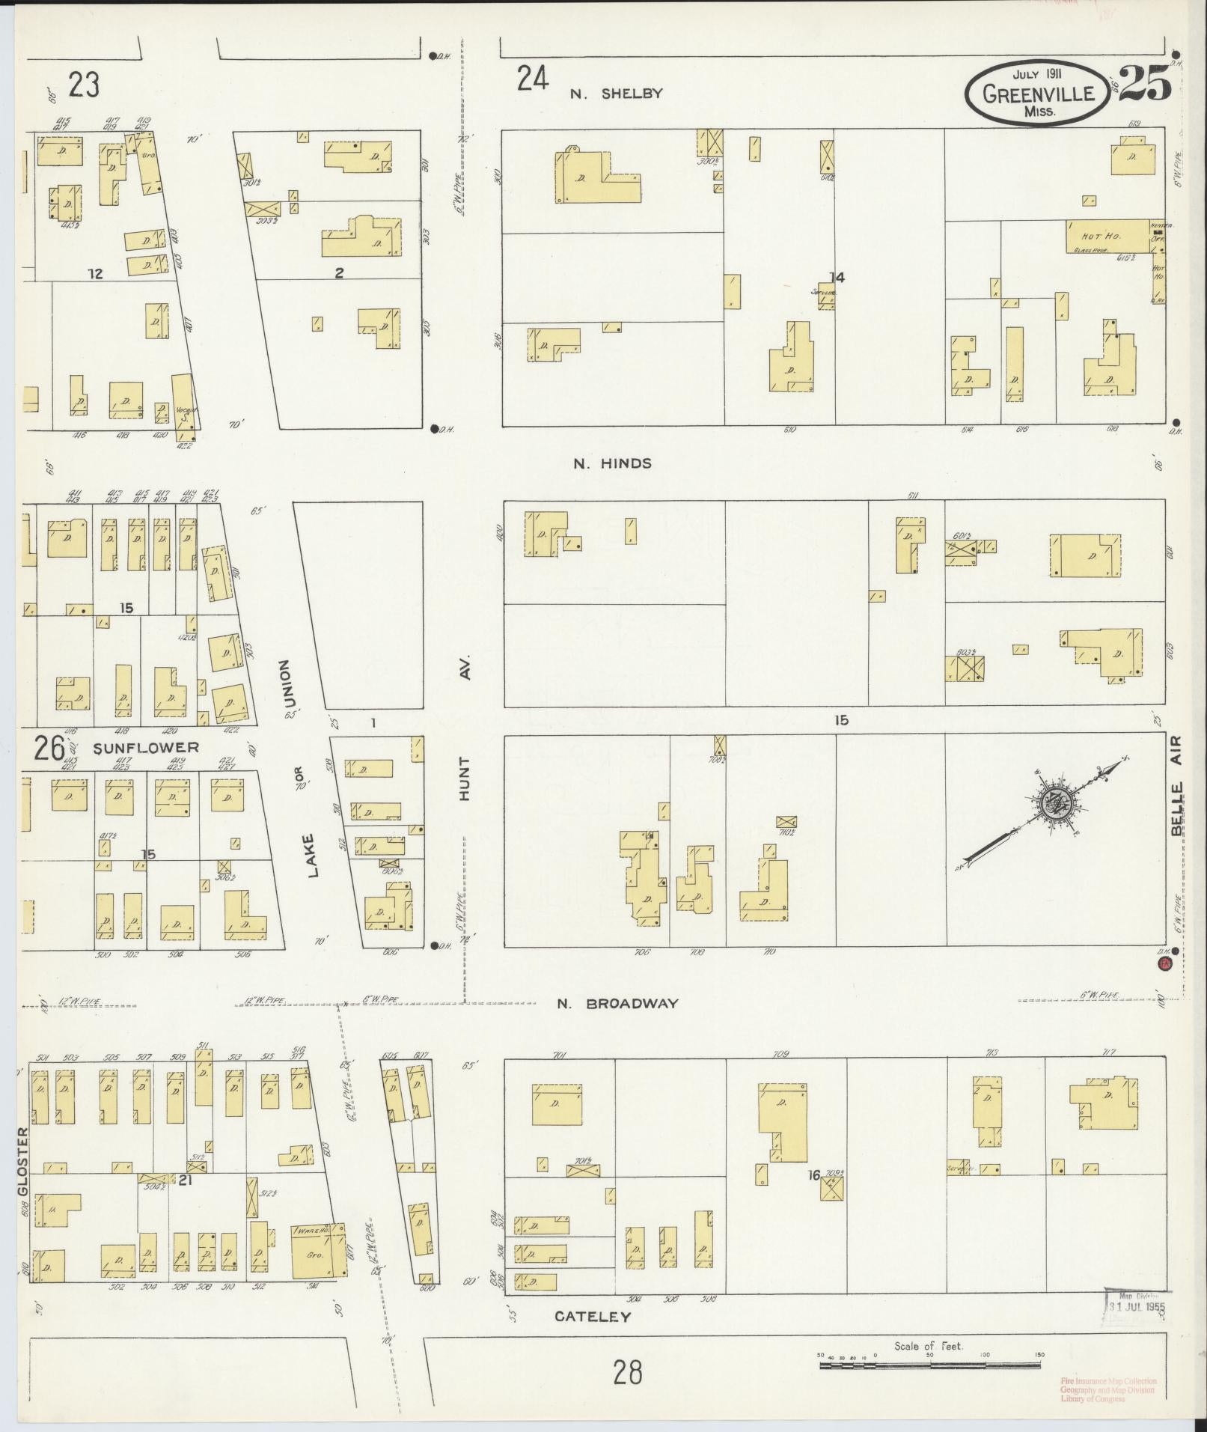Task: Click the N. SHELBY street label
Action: click(616, 94)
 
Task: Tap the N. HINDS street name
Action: click(612, 463)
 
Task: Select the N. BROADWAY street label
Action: click(617, 1004)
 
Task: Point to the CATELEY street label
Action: click(593, 1316)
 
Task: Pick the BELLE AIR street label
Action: click(1177, 786)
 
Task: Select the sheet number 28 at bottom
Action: click(627, 1373)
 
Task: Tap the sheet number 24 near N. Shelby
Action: click(532, 79)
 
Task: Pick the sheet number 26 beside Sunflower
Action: click(48, 748)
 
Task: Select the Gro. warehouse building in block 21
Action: click(318, 1251)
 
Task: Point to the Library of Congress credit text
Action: click(1107, 1389)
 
